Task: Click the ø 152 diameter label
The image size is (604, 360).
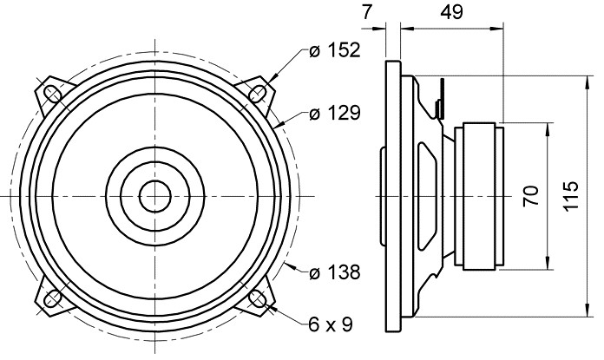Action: coord(334,50)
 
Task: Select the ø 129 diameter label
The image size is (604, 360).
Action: coord(334,113)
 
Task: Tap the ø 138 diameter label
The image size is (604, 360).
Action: coord(334,272)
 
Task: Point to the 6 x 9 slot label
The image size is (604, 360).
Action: coord(330,324)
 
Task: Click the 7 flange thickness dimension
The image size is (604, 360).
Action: coord(367,12)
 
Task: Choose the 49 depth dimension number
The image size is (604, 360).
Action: coord(452,12)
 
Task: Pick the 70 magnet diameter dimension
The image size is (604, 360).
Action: coord(531,196)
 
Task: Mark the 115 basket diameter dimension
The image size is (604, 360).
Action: coord(571,196)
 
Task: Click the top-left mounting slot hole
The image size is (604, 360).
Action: coord(52,93)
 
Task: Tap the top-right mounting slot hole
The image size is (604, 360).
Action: coord(258,93)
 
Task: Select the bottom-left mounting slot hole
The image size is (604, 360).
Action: coord(52,298)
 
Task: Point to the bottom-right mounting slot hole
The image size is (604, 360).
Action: coord(258,298)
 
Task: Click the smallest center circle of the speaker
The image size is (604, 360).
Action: coord(155,196)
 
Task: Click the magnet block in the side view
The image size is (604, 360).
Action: coord(479,196)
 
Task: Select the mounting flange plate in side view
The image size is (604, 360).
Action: coord(393,196)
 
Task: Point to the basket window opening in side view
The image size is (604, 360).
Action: coord(428,196)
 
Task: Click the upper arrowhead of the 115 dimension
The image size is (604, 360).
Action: coord(587,82)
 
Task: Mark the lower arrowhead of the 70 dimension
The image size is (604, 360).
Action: coord(548,264)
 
